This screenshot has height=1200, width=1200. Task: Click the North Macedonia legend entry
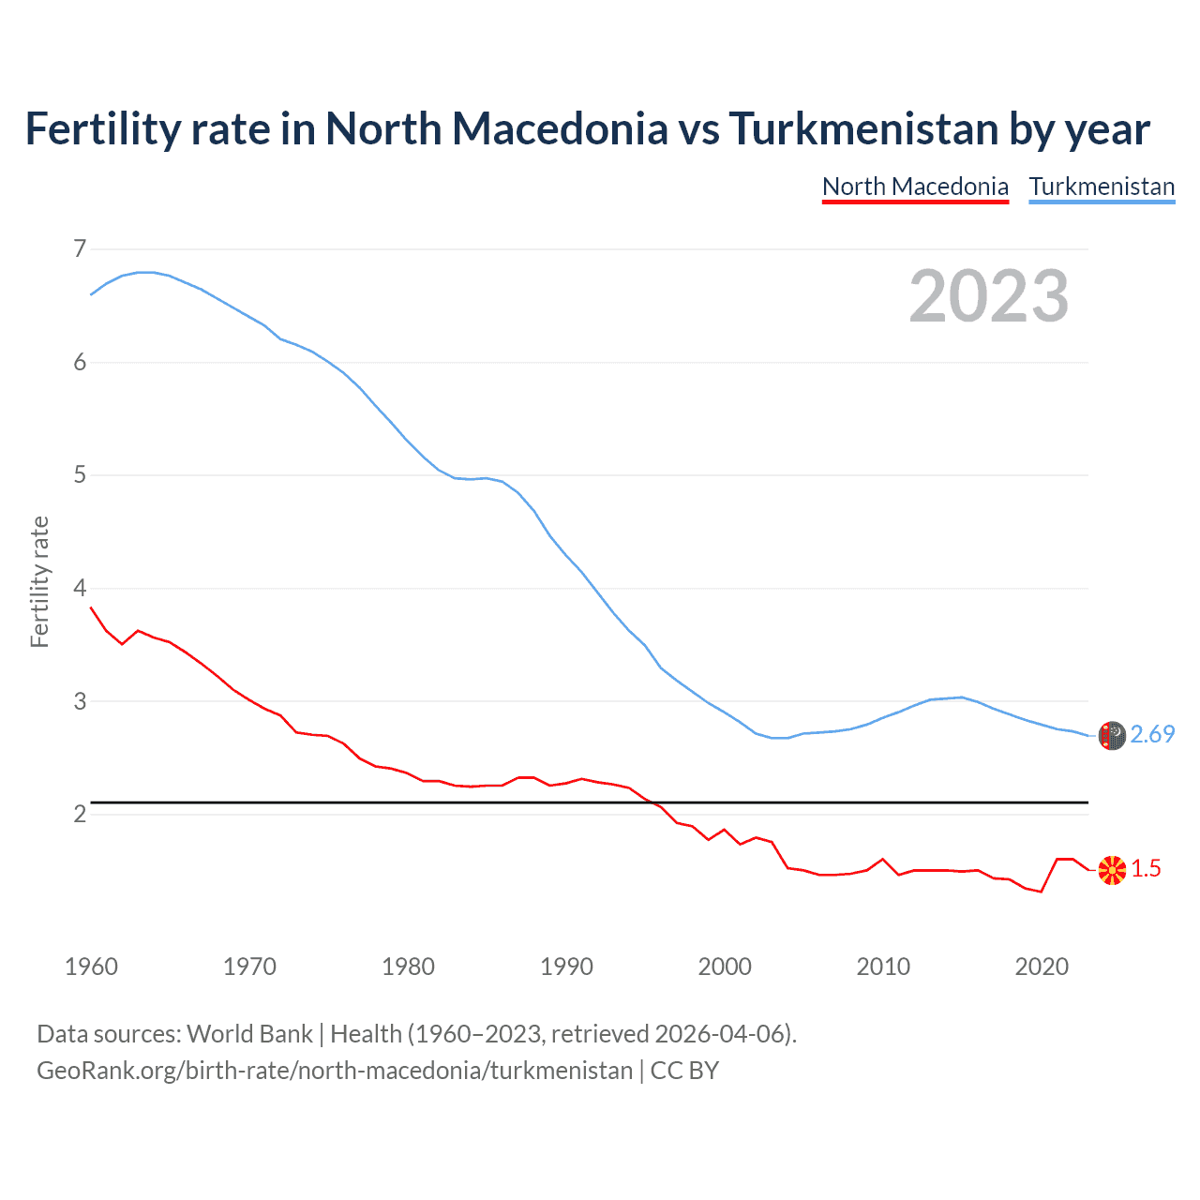tap(915, 187)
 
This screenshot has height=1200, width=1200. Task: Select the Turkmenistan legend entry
tap(1102, 187)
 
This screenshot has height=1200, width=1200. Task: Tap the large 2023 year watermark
tap(989, 296)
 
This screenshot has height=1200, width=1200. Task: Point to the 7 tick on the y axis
tap(80, 248)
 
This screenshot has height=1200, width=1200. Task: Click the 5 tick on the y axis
tap(80, 475)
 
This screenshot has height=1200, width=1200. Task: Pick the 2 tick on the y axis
tap(80, 815)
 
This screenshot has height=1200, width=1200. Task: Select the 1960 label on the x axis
tap(91, 967)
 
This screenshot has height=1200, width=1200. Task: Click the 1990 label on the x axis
tap(566, 967)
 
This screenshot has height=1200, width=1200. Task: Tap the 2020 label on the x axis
tap(1042, 967)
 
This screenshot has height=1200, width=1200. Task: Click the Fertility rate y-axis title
tap(39, 581)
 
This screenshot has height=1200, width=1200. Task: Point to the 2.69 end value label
tap(1152, 734)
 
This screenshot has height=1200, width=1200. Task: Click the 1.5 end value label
tap(1146, 869)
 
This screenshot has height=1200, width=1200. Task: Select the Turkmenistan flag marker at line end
tap(1112, 736)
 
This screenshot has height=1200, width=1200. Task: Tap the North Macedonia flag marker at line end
tap(1112, 870)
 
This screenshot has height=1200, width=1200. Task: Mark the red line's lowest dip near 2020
tap(1041, 892)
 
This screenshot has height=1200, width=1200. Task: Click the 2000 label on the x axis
tap(725, 967)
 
